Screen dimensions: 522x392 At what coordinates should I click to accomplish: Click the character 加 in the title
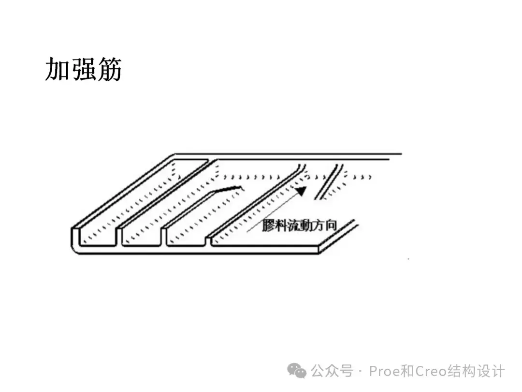[58, 70]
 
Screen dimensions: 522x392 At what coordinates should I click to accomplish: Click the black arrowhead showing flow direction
[301, 191]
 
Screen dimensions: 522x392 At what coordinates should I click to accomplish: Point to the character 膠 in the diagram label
[269, 226]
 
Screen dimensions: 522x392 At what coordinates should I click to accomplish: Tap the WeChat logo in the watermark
[297, 371]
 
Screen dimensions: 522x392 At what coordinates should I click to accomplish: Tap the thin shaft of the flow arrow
[271, 213]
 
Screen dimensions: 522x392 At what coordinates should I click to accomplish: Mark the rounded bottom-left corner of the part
[76, 247]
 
